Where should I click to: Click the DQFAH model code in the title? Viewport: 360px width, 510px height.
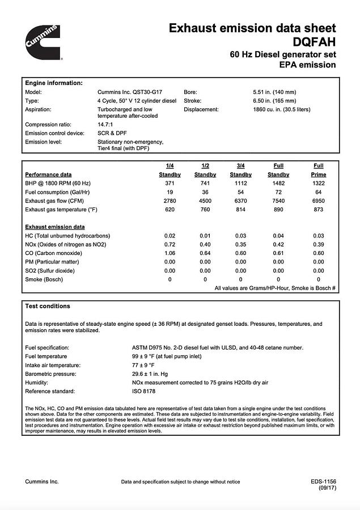coord(314,41)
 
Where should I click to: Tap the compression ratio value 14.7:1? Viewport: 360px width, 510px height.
coord(106,125)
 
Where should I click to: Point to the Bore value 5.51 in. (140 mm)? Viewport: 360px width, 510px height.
coord(274,92)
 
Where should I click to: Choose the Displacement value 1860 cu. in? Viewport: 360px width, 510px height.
coord(282,109)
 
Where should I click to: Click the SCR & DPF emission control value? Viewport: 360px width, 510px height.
coord(112,133)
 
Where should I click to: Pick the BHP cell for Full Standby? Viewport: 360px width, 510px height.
coord(278,184)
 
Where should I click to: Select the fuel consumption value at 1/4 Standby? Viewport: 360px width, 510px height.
coord(170,192)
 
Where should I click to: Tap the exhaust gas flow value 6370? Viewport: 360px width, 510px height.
coord(240,201)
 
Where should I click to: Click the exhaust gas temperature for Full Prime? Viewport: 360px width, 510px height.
coord(318,210)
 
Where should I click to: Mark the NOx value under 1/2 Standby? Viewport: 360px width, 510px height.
coord(205,244)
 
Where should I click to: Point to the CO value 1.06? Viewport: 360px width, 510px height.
coord(170,253)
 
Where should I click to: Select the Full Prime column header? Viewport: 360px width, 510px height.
coord(319,170)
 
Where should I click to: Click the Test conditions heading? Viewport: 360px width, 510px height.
coord(48,306)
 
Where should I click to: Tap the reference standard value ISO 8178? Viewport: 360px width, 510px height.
coord(143,392)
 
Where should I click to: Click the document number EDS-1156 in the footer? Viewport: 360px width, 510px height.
coord(323,482)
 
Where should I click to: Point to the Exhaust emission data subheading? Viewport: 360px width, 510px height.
coord(55,227)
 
